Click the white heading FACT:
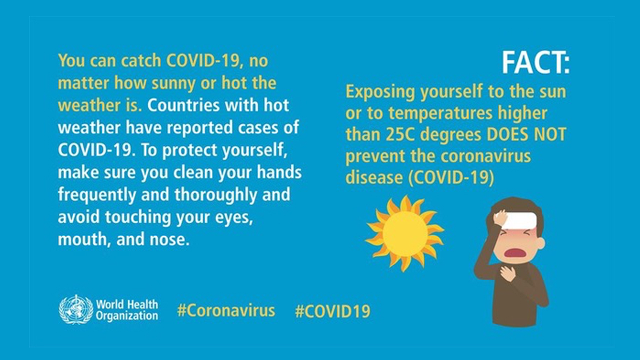click(x=535, y=63)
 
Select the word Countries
click(x=183, y=105)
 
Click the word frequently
click(x=97, y=195)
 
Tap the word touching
click(x=138, y=217)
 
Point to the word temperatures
click(x=440, y=113)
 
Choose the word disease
click(x=374, y=177)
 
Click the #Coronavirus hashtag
click(x=226, y=310)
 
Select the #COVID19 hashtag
click(x=332, y=311)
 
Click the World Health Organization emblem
click(x=76, y=309)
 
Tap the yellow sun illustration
click(x=405, y=233)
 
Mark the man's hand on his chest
click(x=508, y=273)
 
